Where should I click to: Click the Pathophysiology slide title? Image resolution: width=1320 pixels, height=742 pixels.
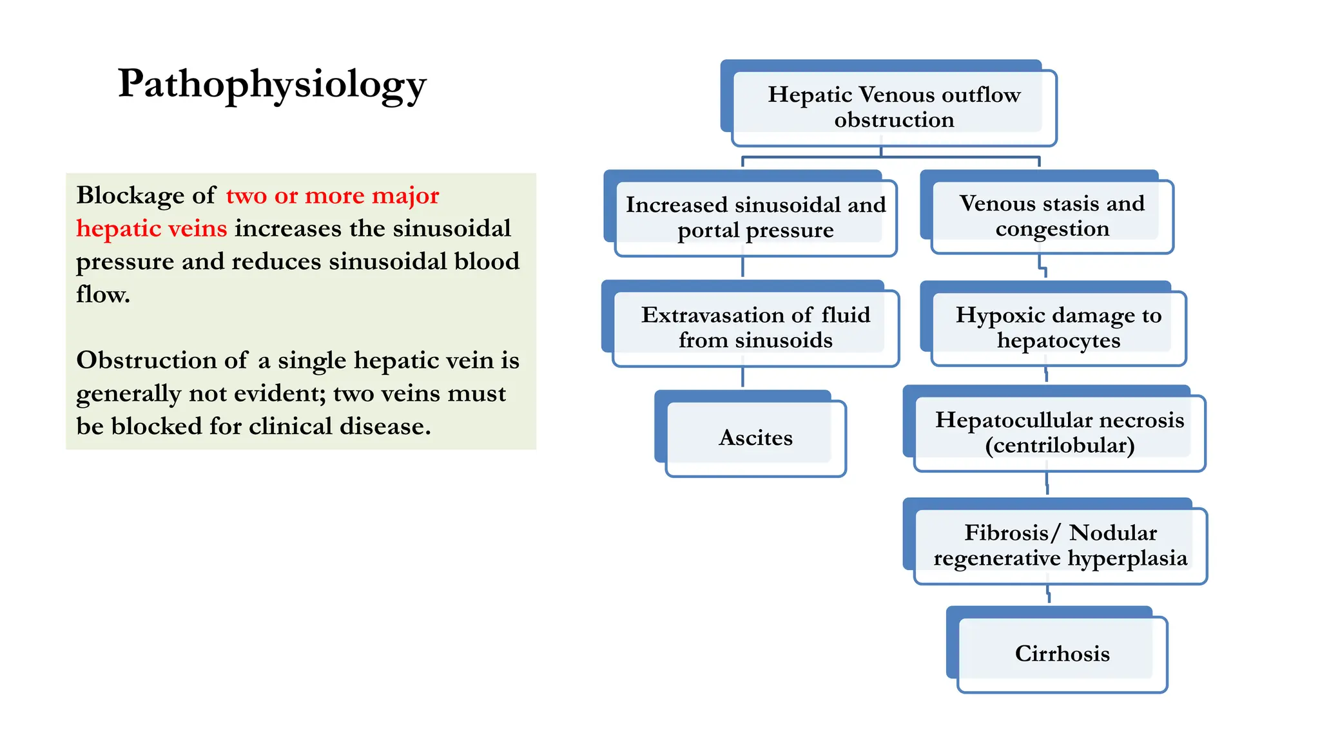click(271, 84)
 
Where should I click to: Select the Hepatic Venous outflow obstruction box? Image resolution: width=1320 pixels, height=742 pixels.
click(893, 107)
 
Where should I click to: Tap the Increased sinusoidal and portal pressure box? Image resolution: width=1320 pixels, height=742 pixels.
click(755, 217)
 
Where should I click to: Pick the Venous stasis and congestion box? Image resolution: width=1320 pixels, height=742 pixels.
click(1051, 216)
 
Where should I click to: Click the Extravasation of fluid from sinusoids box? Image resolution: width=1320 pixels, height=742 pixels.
click(755, 327)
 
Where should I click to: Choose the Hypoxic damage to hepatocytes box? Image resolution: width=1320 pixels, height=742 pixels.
click(1058, 327)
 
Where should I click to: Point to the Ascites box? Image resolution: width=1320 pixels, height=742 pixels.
click(755, 438)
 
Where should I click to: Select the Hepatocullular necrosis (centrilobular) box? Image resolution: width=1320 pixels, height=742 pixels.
click(1059, 432)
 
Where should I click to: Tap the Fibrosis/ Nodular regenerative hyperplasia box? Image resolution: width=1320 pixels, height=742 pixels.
click(1060, 545)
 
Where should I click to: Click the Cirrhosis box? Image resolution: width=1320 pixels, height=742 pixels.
click(1062, 654)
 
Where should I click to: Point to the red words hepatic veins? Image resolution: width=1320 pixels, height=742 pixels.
click(151, 229)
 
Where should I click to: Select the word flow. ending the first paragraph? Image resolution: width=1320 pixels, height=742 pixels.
click(103, 295)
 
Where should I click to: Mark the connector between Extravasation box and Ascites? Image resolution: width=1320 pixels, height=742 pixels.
click(742, 377)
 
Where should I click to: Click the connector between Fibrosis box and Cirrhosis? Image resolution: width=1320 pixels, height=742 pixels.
click(1049, 594)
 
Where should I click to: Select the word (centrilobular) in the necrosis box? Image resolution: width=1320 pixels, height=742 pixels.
click(1059, 446)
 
